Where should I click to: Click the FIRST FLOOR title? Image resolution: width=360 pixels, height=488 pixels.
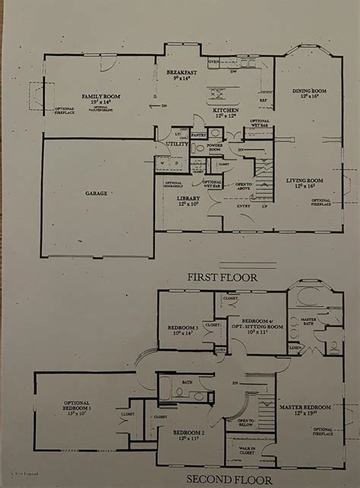223,277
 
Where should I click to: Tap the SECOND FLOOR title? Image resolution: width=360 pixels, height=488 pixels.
220,480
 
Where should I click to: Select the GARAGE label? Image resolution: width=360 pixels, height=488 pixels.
96,194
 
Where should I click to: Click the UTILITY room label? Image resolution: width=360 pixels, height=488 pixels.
177,143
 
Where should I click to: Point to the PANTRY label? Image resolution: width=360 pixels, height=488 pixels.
199,134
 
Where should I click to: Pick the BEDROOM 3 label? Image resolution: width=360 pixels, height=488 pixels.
182,328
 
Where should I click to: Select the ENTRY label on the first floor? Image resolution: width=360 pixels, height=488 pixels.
243,206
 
